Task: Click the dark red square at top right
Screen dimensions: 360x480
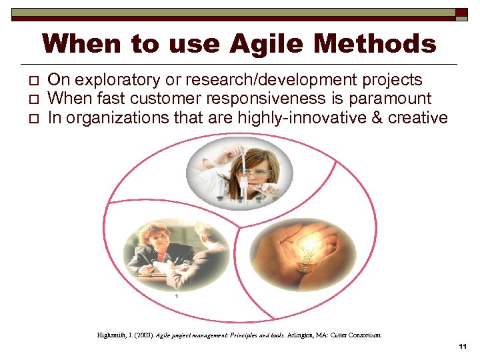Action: (461, 13)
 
